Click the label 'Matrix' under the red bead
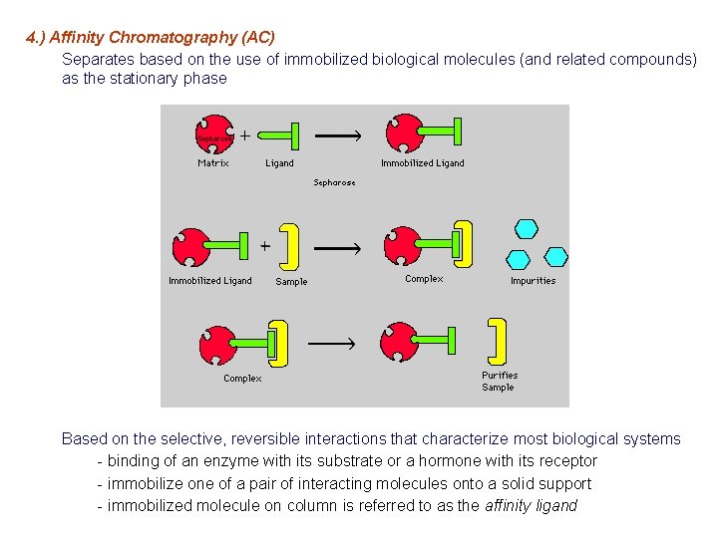[x=213, y=163]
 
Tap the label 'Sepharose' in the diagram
[x=334, y=183]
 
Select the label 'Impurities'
[x=533, y=281]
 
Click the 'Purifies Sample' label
[x=500, y=382]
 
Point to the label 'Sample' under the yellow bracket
[x=291, y=282]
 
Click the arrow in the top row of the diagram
[x=338, y=134]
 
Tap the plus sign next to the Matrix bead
[x=244, y=134]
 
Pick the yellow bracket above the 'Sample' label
[x=290, y=246]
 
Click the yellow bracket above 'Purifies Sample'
[x=497, y=341]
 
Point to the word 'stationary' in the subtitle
[x=143, y=79]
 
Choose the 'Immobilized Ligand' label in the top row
[x=422, y=163]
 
